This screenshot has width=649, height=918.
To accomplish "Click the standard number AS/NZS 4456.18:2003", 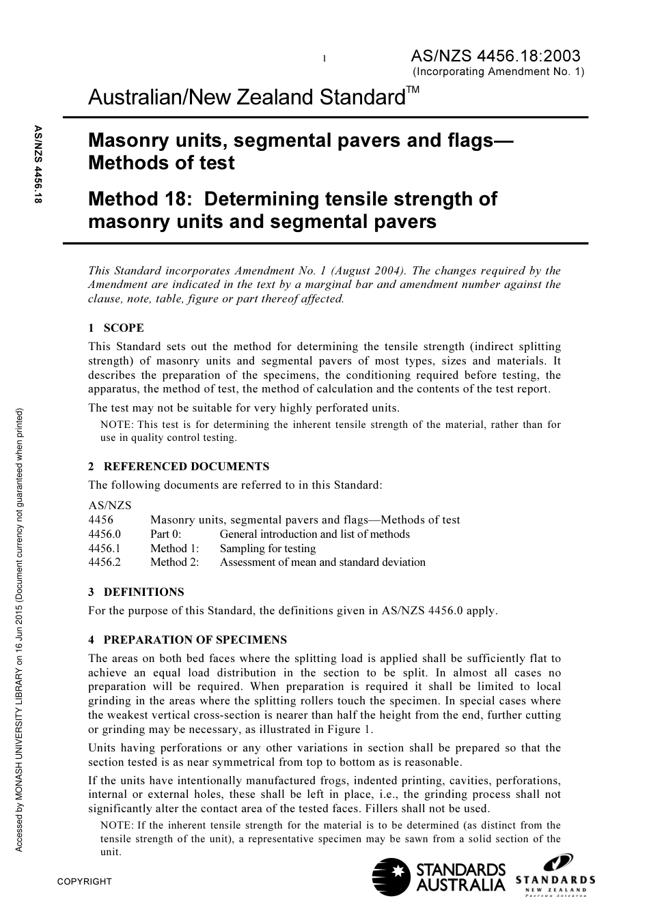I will pyautogui.click(x=495, y=56).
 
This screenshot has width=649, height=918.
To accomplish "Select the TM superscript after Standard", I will pyautogui.click(x=413, y=90).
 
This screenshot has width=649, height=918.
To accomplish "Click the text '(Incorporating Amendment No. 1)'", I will pyautogui.click(x=498, y=72).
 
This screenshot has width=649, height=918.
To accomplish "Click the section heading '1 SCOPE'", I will pyautogui.click(x=116, y=328).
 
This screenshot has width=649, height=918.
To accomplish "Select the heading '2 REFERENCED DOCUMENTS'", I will pyautogui.click(x=179, y=467).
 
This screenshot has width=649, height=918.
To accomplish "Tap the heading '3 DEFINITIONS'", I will pyautogui.click(x=136, y=592).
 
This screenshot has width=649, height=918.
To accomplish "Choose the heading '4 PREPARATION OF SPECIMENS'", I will pyautogui.click(x=188, y=640).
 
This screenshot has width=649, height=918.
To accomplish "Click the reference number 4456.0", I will pyautogui.click(x=105, y=534).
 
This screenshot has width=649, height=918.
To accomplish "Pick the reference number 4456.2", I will pyautogui.click(x=105, y=562).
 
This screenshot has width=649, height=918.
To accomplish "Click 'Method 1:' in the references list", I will pyautogui.click(x=175, y=549).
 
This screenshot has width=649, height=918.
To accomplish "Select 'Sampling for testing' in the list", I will pyautogui.click(x=268, y=549).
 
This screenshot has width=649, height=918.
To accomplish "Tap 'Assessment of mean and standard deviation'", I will pyautogui.click(x=322, y=562).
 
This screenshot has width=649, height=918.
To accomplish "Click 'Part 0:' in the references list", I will pyautogui.click(x=166, y=534).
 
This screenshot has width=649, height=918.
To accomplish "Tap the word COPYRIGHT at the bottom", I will pyautogui.click(x=84, y=881).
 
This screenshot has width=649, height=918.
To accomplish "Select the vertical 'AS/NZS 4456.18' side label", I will pyautogui.click(x=38, y=164).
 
